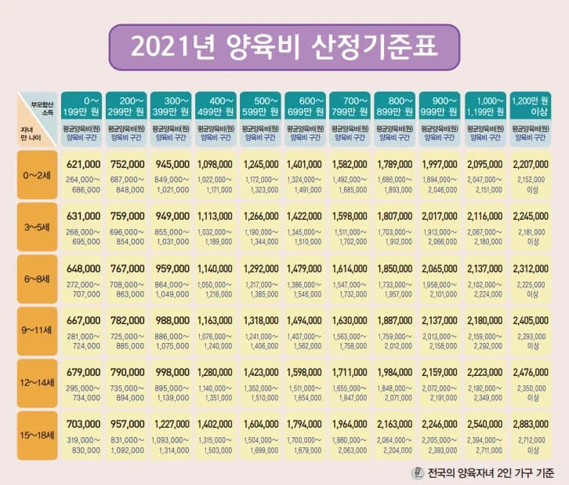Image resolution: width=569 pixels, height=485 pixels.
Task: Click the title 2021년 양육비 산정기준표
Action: coord(284,46)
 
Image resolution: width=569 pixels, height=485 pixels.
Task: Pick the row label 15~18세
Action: coord(36,437)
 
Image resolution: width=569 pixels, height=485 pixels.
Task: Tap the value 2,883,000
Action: coord(531,425)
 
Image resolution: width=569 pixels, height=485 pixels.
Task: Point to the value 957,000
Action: coord(126,425)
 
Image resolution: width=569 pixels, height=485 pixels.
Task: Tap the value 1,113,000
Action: coord(216,217)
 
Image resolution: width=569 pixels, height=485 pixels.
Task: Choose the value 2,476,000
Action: coord(531,373)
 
